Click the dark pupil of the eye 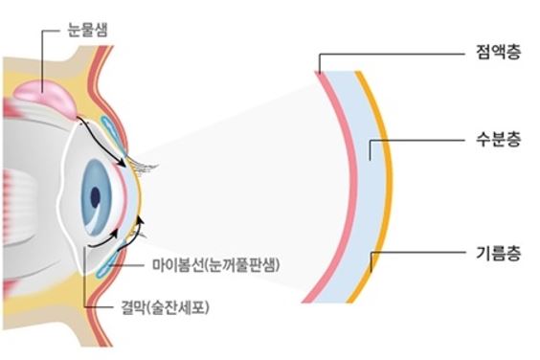pyautogui.click(x=96, y=197)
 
